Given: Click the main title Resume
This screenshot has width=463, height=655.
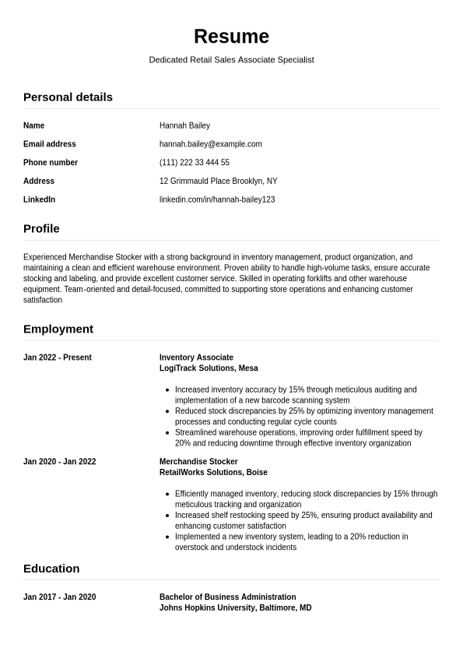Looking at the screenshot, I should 231,37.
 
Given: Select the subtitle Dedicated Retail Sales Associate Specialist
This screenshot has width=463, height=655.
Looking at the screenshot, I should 231,60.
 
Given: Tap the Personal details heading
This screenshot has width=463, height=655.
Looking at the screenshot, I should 68,97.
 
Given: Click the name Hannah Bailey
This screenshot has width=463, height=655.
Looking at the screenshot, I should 184,125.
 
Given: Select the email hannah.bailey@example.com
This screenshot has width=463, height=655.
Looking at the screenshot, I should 210,144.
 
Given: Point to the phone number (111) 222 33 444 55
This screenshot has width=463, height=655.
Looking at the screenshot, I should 194,163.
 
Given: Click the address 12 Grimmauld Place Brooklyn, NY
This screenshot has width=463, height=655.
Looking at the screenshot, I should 218,181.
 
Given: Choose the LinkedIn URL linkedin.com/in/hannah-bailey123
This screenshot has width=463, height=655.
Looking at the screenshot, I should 217,200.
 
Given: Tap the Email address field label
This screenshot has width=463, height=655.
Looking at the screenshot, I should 50,144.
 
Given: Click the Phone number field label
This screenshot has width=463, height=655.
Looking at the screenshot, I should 51,163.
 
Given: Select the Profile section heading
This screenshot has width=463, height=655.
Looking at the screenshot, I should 41,229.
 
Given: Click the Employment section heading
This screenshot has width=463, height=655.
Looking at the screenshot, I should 58,329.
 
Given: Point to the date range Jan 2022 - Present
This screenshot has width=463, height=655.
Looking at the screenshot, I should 58,358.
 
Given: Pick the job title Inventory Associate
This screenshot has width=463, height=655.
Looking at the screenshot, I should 196,358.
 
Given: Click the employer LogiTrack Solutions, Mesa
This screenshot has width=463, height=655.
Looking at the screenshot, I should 209,368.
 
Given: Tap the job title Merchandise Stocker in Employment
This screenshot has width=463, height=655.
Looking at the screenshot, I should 198,462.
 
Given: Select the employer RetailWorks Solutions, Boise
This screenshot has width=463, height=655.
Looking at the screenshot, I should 213,473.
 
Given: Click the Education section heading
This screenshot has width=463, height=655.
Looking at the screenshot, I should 51,569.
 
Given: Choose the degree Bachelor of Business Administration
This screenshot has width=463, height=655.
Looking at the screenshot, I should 227,597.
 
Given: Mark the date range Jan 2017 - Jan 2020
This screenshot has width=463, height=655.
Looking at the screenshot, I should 59,597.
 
